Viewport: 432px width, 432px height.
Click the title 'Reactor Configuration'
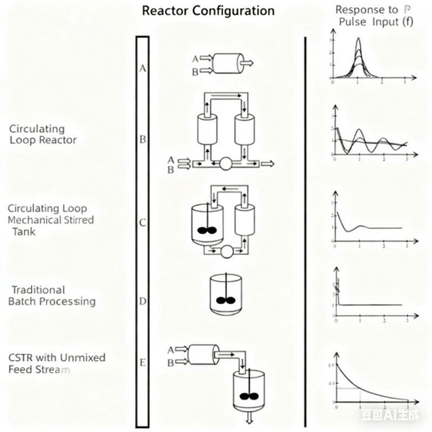[208, 11]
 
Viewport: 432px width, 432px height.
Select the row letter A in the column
[143, 68]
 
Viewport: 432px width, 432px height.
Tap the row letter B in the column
[143, 139]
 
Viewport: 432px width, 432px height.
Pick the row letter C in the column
[143, 222]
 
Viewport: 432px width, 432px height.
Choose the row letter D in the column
[143, 300]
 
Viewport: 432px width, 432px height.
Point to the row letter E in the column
[143, 362]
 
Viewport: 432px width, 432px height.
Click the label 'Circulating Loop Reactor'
[43, 134]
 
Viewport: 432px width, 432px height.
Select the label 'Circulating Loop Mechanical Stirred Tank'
[51, 220]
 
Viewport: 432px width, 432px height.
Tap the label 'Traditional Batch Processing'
[52, 295]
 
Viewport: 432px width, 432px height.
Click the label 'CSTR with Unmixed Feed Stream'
[57, 363]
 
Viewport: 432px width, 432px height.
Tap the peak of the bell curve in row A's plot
[357, 39]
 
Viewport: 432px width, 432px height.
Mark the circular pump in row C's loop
[226, 251]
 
